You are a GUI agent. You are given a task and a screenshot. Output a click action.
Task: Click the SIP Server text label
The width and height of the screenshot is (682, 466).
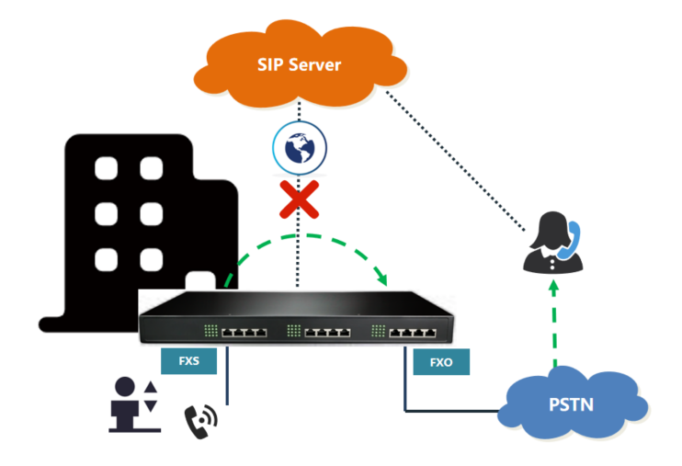[x=300, y=65]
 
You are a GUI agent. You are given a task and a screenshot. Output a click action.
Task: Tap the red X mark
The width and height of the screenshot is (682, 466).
[x=300, y=199]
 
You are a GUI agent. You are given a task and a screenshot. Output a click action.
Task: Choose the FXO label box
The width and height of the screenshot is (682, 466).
[x=442, y=362]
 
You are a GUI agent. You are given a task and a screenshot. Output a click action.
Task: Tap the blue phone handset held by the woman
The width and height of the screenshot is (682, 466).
[x=572, y=233]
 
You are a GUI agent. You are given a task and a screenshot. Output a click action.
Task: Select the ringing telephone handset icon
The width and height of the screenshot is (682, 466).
[x=200, y=419]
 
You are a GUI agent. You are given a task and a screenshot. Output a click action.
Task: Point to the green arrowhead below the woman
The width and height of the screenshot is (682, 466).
[x=553, y=286]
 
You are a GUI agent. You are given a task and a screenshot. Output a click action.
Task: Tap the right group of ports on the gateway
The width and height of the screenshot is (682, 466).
[x=410, y=332]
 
